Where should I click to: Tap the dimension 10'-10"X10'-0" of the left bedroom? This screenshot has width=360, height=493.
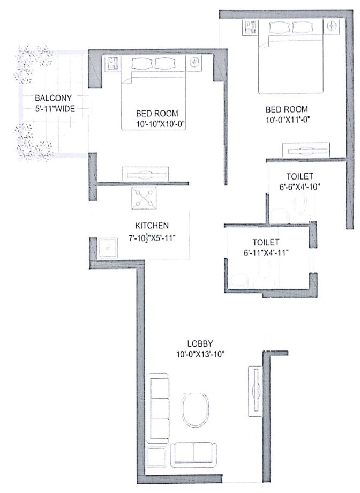click(157, 125)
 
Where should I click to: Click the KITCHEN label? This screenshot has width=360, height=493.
click(152, 226)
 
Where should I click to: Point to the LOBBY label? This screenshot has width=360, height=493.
click(201, 343)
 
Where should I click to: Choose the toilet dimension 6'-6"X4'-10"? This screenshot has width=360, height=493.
click(300, 188)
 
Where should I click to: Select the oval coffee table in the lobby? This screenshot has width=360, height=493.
click(195, 410)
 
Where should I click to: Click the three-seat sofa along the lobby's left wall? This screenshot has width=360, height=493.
click(159, 410)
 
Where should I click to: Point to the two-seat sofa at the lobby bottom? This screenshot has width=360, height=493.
click(194, 454)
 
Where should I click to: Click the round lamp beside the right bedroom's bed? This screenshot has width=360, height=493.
click(332, 25)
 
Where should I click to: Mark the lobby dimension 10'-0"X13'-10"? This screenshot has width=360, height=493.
click(201, 354)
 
